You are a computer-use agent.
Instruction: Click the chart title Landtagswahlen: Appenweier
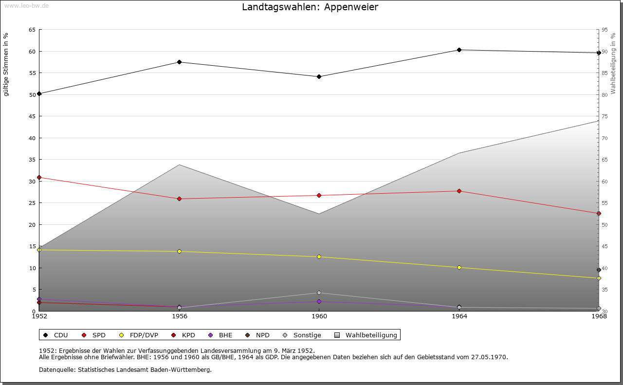point(310,7)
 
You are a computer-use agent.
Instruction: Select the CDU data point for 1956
point(180,62)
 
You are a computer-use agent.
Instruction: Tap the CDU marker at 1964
point(459,50)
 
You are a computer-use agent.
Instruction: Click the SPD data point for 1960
point(319,196)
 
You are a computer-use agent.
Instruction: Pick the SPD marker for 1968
point(599,214)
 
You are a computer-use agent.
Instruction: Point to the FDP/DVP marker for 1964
point(459,268)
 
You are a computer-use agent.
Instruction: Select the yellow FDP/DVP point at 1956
point(180,252)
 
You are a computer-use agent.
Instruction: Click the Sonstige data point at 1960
point(319,293)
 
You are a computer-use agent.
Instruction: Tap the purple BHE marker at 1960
point(319,302)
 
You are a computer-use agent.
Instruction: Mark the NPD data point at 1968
point(599,270)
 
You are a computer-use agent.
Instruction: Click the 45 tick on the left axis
point(32,116)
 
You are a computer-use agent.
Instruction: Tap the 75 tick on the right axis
point(605,116)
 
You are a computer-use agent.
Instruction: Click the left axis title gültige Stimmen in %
point(6,65)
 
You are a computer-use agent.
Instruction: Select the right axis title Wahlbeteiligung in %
point(613,63)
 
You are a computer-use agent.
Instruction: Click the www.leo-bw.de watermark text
point(26,5)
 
